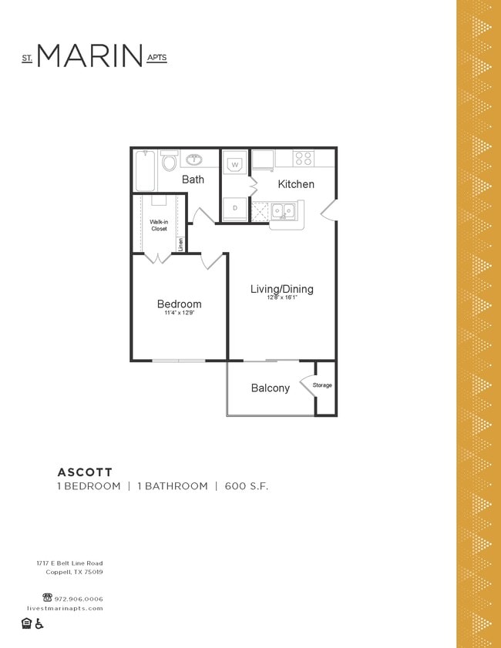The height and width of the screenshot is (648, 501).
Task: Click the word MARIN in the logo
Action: pos(89,55)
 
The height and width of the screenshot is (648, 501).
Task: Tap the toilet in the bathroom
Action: pos(170,162)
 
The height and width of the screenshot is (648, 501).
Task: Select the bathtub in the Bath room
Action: pos(145,170)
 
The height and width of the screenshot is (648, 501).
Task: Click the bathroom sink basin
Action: pos(193,159)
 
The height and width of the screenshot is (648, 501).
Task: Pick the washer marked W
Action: pos(236,163)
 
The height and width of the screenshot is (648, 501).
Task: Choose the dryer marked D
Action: pos(236,208)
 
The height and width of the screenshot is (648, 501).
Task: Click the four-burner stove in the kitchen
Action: pos(304,158)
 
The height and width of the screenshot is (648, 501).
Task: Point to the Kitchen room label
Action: pos(296,184)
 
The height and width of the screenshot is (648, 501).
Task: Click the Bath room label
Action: pos(193,180)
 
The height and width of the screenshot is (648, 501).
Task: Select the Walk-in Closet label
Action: pos(159,225)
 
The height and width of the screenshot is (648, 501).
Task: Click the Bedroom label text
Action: pos(179,304)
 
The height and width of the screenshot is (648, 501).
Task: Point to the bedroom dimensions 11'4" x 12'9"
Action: pos(179,314)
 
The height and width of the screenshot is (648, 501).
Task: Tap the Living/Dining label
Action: pos(281,289)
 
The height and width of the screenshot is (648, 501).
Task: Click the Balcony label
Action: pos(271,388)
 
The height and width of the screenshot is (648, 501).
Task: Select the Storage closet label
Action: pos(322,384)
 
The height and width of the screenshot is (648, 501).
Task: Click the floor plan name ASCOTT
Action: pos(85,472)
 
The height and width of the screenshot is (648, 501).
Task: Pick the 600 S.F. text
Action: pos(247,486)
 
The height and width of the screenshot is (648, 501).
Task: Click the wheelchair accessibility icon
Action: pos(39,623)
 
